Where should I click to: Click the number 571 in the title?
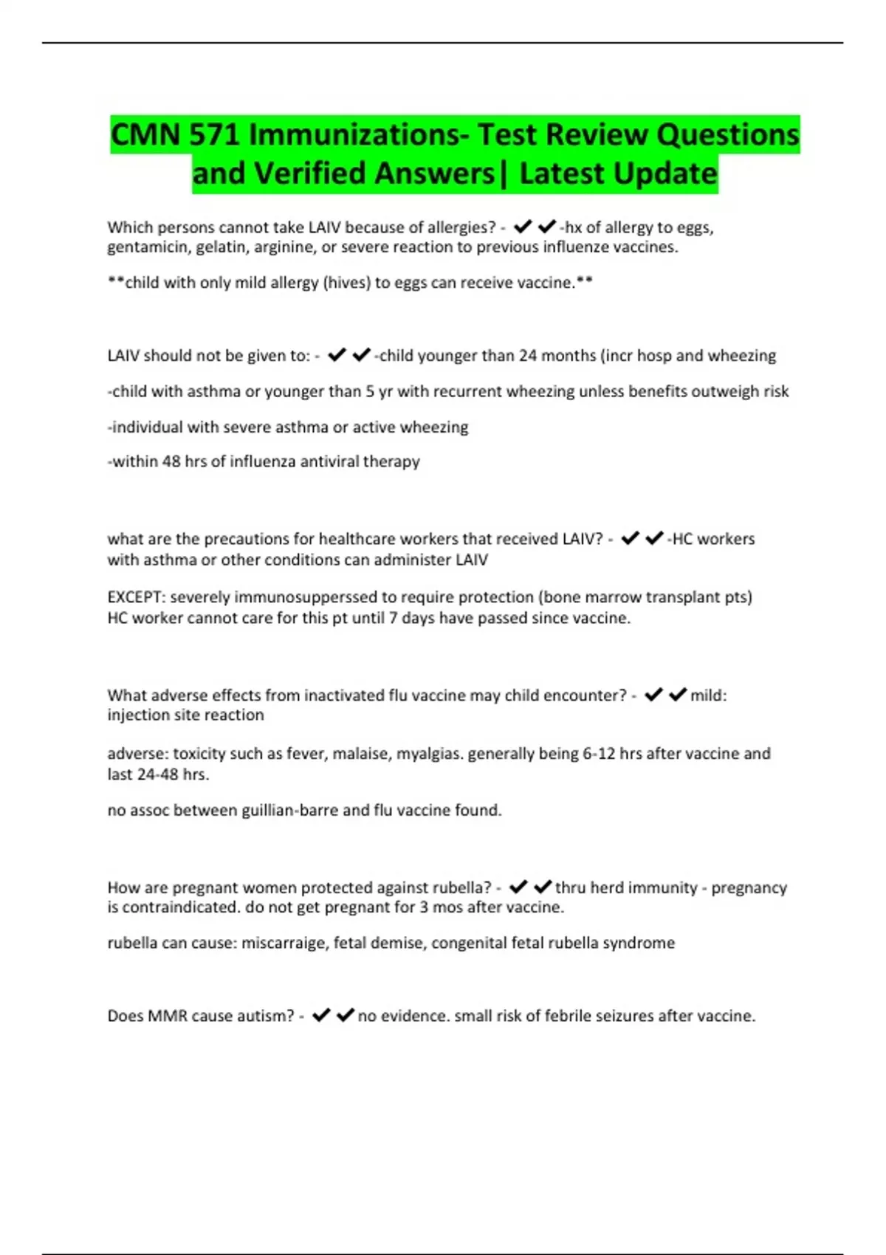pos(215,134)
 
